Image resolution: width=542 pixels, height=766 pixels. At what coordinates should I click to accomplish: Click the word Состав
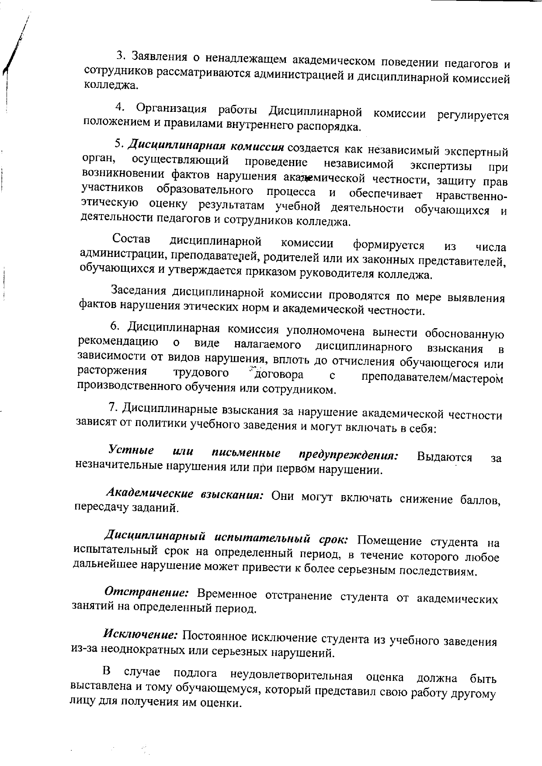coord(131,239)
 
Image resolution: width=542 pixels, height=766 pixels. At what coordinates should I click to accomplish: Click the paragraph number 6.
coord(114,326)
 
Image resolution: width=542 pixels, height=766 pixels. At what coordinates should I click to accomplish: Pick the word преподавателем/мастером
coord(432,378)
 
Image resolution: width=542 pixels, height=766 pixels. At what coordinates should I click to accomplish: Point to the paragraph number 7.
coord(112,407)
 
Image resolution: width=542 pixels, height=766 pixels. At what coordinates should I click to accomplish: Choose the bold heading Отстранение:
coord(146,593)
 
